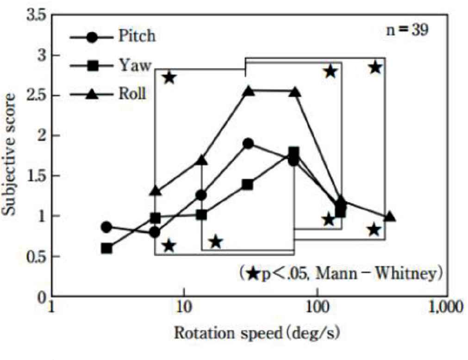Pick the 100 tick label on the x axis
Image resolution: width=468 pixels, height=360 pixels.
[x=317, y=307]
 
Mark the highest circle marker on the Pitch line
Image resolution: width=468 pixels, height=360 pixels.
[x=248, y=144]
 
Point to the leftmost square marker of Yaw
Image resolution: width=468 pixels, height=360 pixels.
[x=106, y=248]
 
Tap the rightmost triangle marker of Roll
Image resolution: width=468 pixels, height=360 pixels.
[x=390, y=217]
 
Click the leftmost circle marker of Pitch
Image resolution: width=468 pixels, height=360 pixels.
[x=106, y=227]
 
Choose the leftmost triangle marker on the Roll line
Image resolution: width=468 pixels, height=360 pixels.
[x=156, y=190]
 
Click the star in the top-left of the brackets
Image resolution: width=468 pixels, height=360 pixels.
[x=169, y=77]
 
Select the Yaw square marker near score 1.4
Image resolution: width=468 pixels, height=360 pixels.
[x=248, y=185]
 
